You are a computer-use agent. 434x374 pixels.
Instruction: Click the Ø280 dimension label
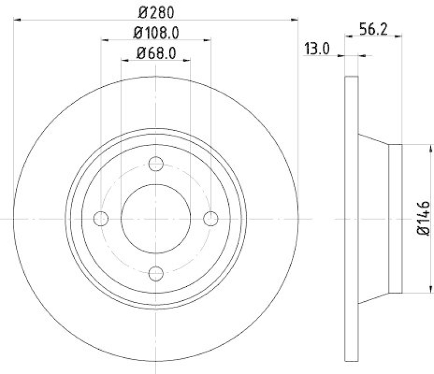click(x=156, y=11)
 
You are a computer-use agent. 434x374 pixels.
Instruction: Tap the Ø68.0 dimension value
click(x=156, y=53)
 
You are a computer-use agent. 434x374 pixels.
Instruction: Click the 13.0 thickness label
click(x=317, y=49)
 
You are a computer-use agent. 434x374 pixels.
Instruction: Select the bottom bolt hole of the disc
click(x=156, y=273)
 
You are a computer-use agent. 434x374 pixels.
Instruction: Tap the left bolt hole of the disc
click(x=101, y=218)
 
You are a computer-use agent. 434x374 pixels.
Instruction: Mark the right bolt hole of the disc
click(x=210, y=218)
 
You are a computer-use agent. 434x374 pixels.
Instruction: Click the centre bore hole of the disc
click(x=156, y=218)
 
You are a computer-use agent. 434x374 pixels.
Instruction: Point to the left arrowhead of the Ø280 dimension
click(x=16, y=20)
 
